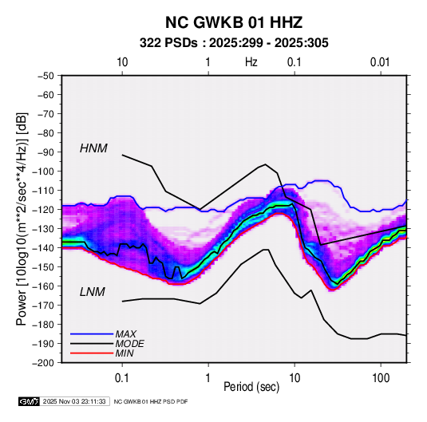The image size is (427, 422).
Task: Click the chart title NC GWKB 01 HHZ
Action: click(x=234, y=22)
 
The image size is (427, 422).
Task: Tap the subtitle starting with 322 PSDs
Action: click(x=234, y=43)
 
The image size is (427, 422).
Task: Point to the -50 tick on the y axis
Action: click(x=45, y=76)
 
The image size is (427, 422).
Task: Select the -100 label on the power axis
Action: click(x=43, y=172)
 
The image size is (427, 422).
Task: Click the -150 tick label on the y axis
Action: click(x=43, y=266)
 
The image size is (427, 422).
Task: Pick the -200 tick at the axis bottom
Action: click(x=43, y=363)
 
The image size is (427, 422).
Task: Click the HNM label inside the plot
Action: click(x=93, y=148)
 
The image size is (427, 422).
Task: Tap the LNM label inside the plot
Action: click(x=93, y=292)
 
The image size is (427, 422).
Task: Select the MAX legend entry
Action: click(x=125, y=334)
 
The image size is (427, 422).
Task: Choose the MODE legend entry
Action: click(x=129, y=344)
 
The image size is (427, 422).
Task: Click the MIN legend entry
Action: click(x=125, y=353)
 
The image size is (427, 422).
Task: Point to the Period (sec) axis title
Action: click(x=251, y=387)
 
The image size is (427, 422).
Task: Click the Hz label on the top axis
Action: click(x=251, y=62)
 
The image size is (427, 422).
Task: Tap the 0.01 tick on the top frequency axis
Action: click(x=380, y=62)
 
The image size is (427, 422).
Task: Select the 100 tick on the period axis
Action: click(x=381, y=377)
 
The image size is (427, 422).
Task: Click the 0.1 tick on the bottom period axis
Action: click(x=122, y=377)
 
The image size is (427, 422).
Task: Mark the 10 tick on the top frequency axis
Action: click(x=122, y=62)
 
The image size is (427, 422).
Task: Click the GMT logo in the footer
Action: click(x=29, y=401)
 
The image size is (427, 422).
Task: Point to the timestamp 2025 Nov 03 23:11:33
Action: click(x=74, y=401)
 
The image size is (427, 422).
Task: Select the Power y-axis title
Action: click(x=22, y=219)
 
